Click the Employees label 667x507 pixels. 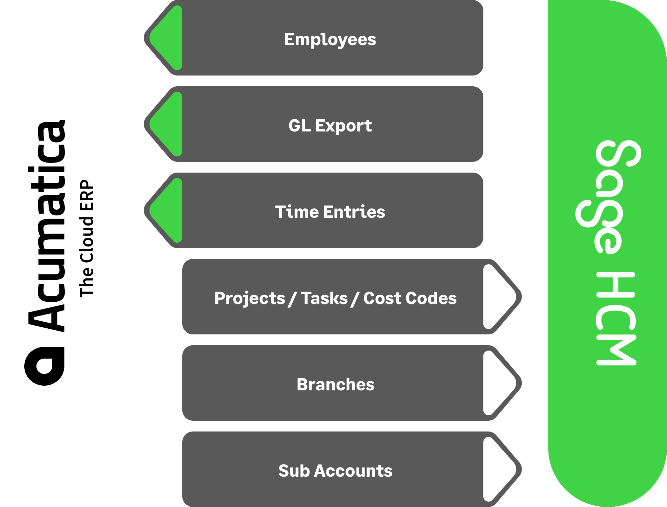coord(330,39)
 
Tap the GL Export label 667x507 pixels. coord(330,125)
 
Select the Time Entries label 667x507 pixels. coord(330,212)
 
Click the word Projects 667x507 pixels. coord(250,298)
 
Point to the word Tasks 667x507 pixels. coord(324,298)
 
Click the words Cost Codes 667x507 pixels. coord(410,298)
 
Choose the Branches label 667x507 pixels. coord(336,384)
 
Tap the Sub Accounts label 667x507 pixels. coord(336,471)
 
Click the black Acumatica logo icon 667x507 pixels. coord(44,366)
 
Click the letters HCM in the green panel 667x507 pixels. coord(616,319)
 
